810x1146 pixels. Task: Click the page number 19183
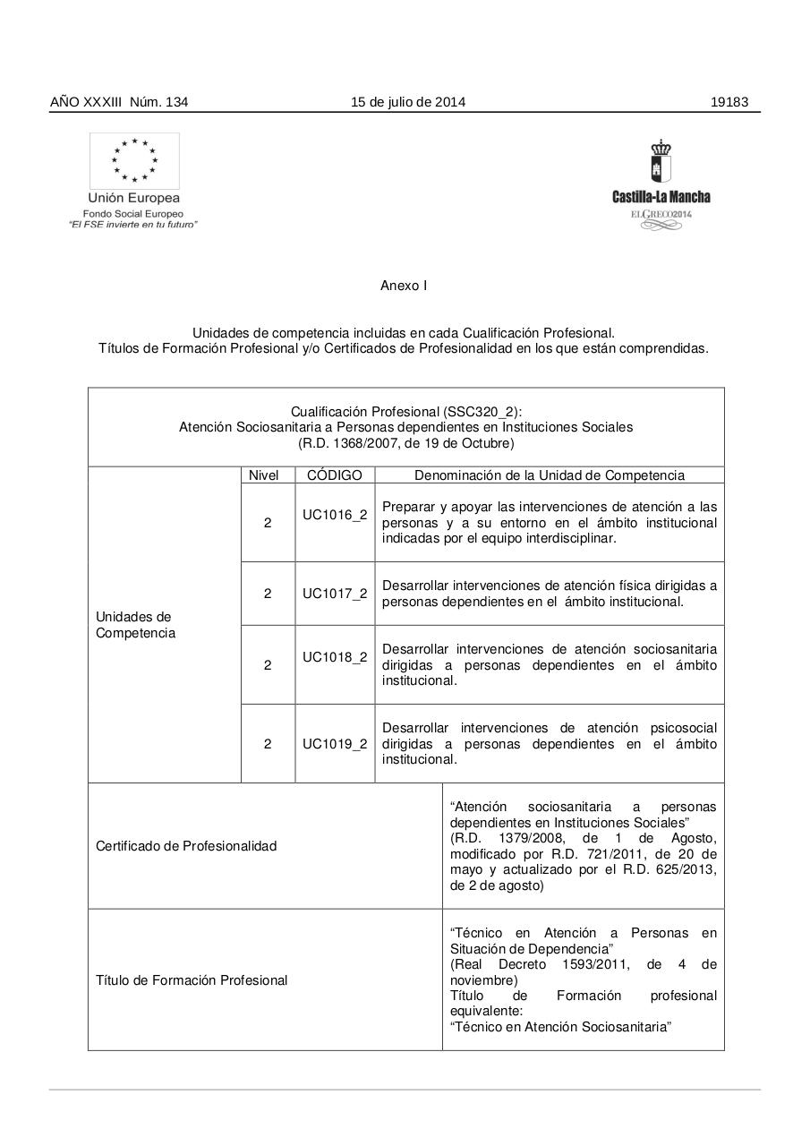coord(729,102)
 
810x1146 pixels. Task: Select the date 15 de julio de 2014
coord(407,102)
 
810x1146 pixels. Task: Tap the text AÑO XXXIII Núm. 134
coord(119,102)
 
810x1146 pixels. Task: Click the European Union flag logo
coord(134,160)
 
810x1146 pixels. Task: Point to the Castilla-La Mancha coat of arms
coord(661,162)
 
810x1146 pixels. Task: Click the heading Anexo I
coord(404,286)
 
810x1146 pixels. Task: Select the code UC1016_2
coord(335,515)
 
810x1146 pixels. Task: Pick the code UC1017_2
coord(335,594)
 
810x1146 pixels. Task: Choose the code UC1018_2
coord(335,656)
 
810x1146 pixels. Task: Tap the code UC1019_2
coord(335,743)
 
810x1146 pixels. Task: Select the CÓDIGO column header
coord(335,475)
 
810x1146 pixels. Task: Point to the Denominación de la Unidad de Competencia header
coord(550,475)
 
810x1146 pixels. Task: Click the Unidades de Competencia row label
coord(135,625)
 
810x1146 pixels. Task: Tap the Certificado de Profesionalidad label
coord(186,846)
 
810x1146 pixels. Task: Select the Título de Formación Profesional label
coord(192,980)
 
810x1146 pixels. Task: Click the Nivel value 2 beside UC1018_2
coord(268,665)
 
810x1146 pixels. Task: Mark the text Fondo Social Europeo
coord(133,214)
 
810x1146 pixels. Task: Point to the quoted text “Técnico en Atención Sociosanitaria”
coord(560,1027)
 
